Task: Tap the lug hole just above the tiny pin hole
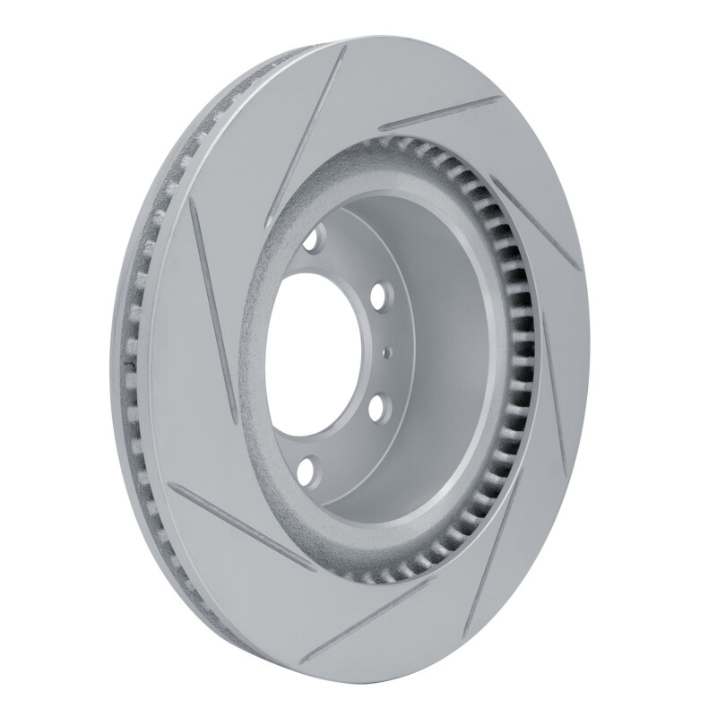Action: (377, 295)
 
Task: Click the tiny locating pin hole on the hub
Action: (386, 352)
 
